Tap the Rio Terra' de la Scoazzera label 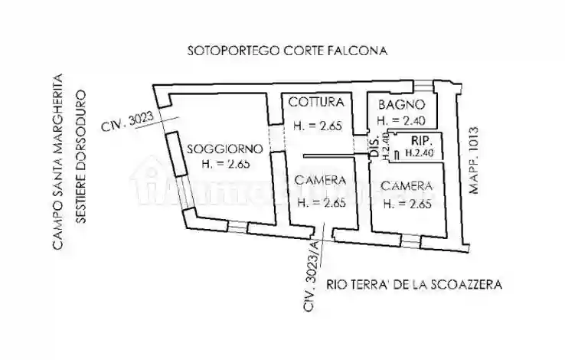coord(413,284)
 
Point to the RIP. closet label coord(423,142)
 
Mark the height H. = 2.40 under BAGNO coord(402,121)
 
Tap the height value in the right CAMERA coord(407,204)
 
